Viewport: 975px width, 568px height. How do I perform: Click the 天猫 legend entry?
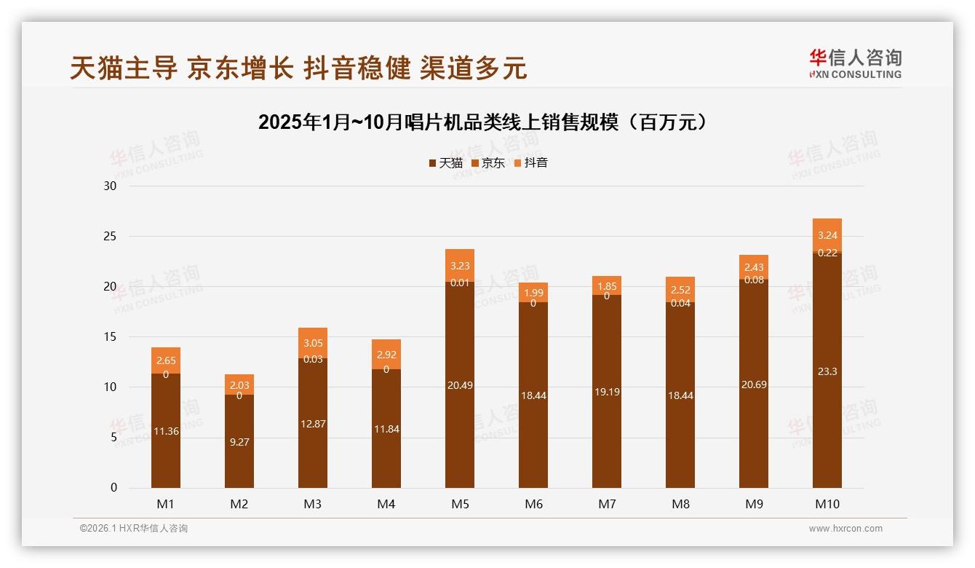click(445, 163)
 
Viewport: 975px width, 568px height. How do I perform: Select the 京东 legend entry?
click(488, 163)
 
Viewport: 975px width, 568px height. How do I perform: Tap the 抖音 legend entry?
click(530, 163)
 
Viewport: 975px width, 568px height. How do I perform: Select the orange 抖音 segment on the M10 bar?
click(827, 234)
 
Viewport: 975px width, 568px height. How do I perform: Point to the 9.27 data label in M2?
click(239, 441)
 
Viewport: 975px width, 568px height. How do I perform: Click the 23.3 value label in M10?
click(827, 371)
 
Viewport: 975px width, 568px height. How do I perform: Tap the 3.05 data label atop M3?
click(313, 343)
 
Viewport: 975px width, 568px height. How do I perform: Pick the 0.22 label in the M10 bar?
click(827, 253)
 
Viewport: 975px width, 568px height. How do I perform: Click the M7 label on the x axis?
click(607, 504)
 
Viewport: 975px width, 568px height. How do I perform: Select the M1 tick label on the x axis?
click(165, 504)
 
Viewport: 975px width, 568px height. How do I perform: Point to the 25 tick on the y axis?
click(110, 236)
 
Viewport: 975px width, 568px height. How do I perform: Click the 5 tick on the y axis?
click(114, 437)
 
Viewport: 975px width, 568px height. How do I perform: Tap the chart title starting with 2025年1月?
click(483, 122)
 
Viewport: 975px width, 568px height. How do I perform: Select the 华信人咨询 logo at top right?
click(855, 64)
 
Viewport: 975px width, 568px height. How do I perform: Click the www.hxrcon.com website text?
click(845, 529)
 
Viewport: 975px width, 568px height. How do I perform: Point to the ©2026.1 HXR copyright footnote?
click(134, 529)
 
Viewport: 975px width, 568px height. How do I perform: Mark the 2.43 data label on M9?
click(753, 267)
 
